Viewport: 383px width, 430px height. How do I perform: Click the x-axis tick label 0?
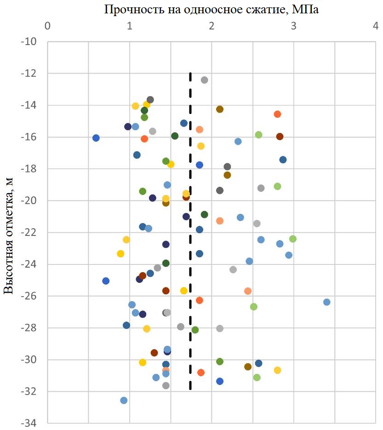pyautogui.click(x=47, y=25)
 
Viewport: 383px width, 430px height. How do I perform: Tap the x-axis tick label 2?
pyautogui.click(x=212, y=25)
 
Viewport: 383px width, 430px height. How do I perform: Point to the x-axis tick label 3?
pyautogui.click(x=293, y=25)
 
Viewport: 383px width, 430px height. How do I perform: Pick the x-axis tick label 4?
pyautogui.click(x=376, y=25)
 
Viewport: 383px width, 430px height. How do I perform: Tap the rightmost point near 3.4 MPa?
pyautogui.click(x=327, y=302)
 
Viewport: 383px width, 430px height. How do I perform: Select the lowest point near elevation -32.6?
pyautogui.click(x=124, y=401)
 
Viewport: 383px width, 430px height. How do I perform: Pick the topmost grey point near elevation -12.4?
pyautogui.click(x=205, y=80)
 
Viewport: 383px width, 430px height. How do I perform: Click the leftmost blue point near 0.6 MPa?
pyautogui.click(x=96, y=138)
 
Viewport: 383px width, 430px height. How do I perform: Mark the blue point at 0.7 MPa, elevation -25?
pyautogui.click(x=106, y=281)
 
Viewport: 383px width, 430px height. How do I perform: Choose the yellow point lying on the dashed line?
pyautogui.click(x=186, y=194)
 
